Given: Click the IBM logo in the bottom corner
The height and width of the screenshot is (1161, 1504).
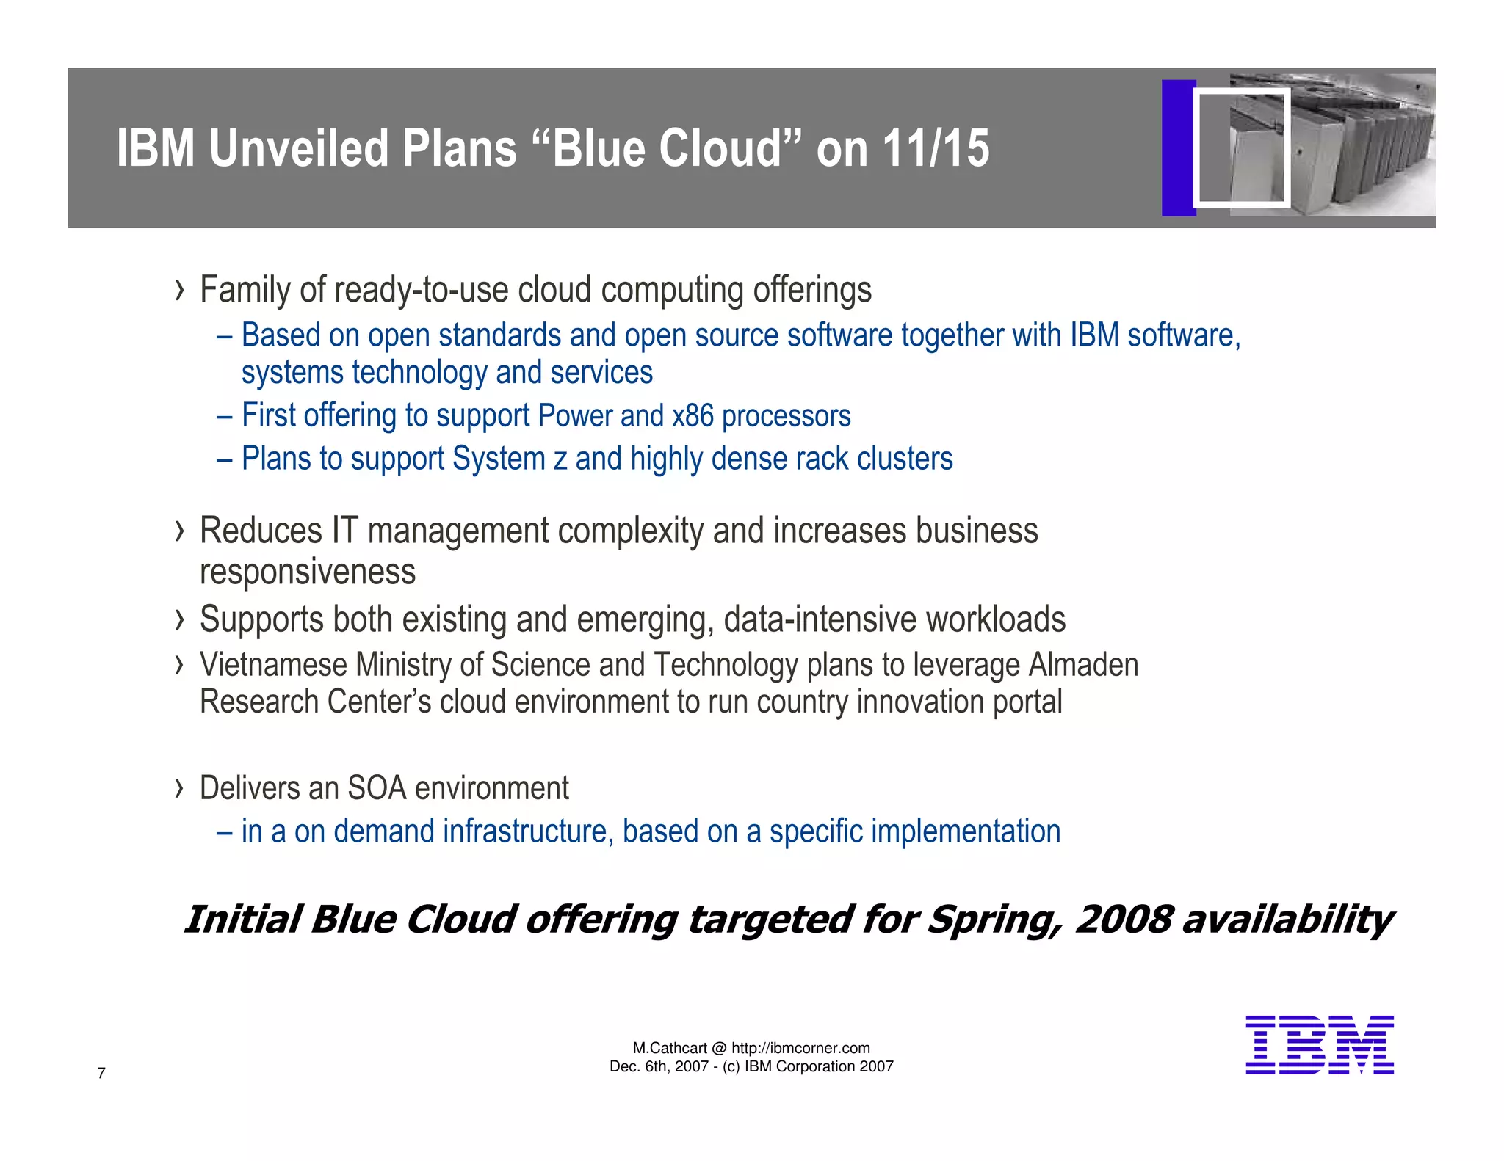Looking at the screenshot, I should (1319, 1045).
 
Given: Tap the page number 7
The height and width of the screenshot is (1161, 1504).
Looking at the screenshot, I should (101, 1073).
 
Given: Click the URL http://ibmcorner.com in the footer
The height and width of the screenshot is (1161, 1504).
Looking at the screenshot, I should (800, 1048).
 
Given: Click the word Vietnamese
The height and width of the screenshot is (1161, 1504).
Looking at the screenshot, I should (273, 665).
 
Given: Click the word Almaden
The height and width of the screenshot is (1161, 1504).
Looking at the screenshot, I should (1083, 665).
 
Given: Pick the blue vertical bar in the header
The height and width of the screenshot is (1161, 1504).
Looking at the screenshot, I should (1177, 148).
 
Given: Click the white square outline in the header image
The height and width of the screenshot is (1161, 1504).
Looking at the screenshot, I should (1241, 148).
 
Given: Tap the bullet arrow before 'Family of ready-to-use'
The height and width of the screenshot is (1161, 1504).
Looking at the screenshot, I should (180, 291).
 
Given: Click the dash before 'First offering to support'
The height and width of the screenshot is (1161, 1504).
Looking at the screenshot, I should (225, 416).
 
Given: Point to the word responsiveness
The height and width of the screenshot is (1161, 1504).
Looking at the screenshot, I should (307, 572).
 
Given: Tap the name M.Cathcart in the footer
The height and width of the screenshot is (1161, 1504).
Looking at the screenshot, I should (670, 1048).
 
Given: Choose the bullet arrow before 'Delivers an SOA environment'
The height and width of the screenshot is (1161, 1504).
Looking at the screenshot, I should (180, 789).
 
